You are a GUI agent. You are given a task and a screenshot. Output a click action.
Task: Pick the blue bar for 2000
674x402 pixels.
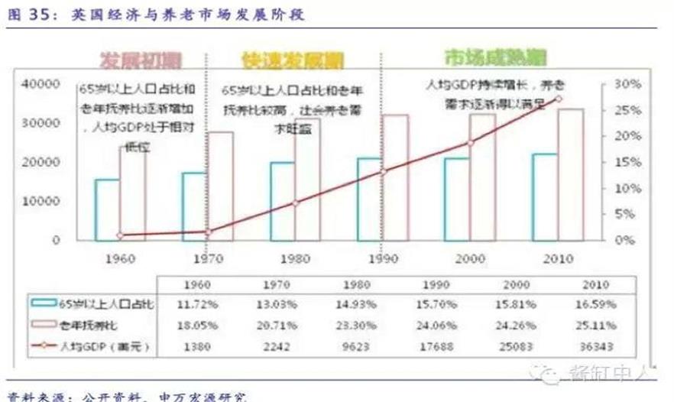[x=457, y=199]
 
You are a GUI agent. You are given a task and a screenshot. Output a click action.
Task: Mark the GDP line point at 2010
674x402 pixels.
[x=559, y=99]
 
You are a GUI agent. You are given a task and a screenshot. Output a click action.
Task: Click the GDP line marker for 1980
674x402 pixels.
[x=296, y=203]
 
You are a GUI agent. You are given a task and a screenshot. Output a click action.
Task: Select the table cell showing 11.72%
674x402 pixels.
[x=196, y=304]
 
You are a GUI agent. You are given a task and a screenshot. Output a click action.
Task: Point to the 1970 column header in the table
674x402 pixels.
[x=277, y=284]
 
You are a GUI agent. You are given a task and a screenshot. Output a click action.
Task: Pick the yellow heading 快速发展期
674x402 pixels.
[x=293, y=59]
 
